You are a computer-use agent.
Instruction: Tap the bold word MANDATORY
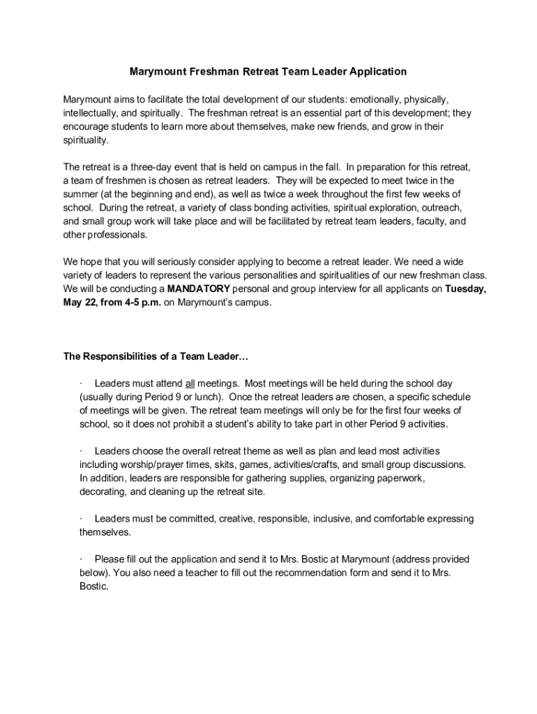(x=199, y=289)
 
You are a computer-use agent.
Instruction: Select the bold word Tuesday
(x=466, y=289)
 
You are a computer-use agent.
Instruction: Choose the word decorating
(x=103, y=492)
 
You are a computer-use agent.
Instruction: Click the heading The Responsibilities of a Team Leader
(x=156, y=356)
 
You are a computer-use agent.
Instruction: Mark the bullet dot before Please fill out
(x=82, y=559)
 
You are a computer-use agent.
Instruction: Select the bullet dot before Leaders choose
(x=82, y=451)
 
